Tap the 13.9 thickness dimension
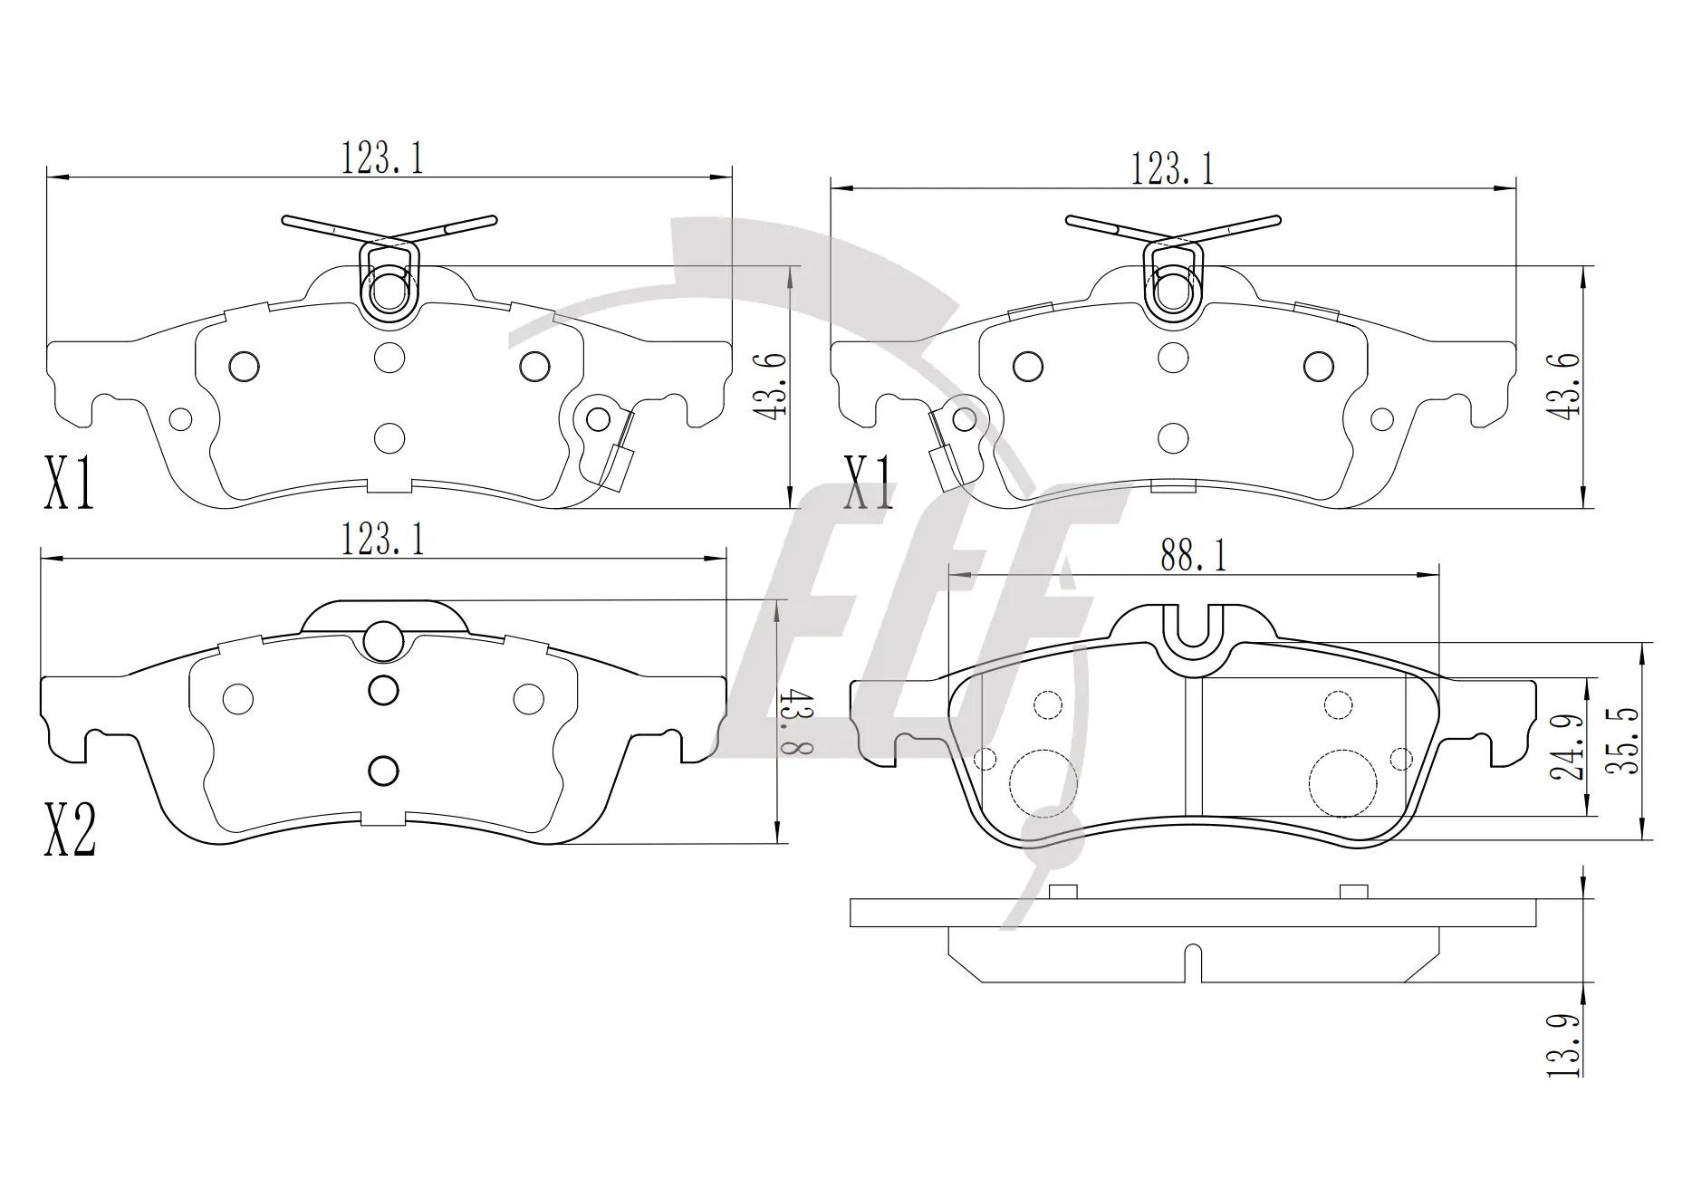[x=1563, y=1045]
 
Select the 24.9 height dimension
[x=1567, y=748]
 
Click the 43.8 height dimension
[x=801, y=722]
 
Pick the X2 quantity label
[x=70, y=830]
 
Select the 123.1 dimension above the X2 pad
[x=382, y=541]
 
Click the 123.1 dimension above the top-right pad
[x=1172, y=169]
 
